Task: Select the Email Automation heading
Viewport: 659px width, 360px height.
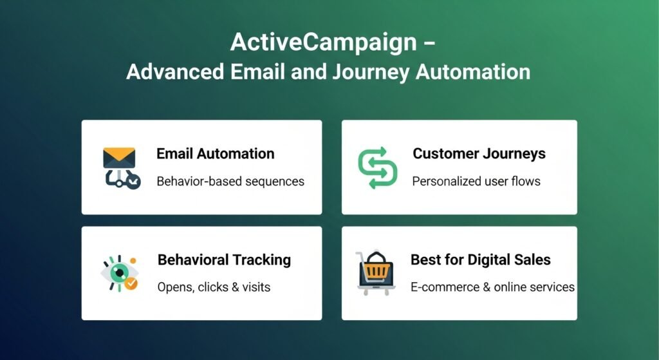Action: [215, 154]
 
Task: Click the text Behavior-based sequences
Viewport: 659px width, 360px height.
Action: [230, 181]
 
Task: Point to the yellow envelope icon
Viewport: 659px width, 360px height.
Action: [119, 157]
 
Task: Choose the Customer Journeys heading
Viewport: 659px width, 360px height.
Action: [479, 154]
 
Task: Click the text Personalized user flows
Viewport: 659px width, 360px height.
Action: [476, 181]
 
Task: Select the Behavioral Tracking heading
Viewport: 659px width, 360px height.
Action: [224, 260]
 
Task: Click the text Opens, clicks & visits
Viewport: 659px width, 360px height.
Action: [214, 287]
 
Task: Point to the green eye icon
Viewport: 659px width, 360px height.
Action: [117, 272]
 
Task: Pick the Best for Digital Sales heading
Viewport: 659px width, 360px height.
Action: [480, 260]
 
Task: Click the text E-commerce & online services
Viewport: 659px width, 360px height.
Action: [492, 287]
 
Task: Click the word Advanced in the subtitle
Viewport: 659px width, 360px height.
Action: [175, 71]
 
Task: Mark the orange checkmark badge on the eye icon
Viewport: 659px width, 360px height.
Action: [131, 283]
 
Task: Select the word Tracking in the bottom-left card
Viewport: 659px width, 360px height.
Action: [262, 260]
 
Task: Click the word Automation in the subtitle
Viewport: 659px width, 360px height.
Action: [473, 71]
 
